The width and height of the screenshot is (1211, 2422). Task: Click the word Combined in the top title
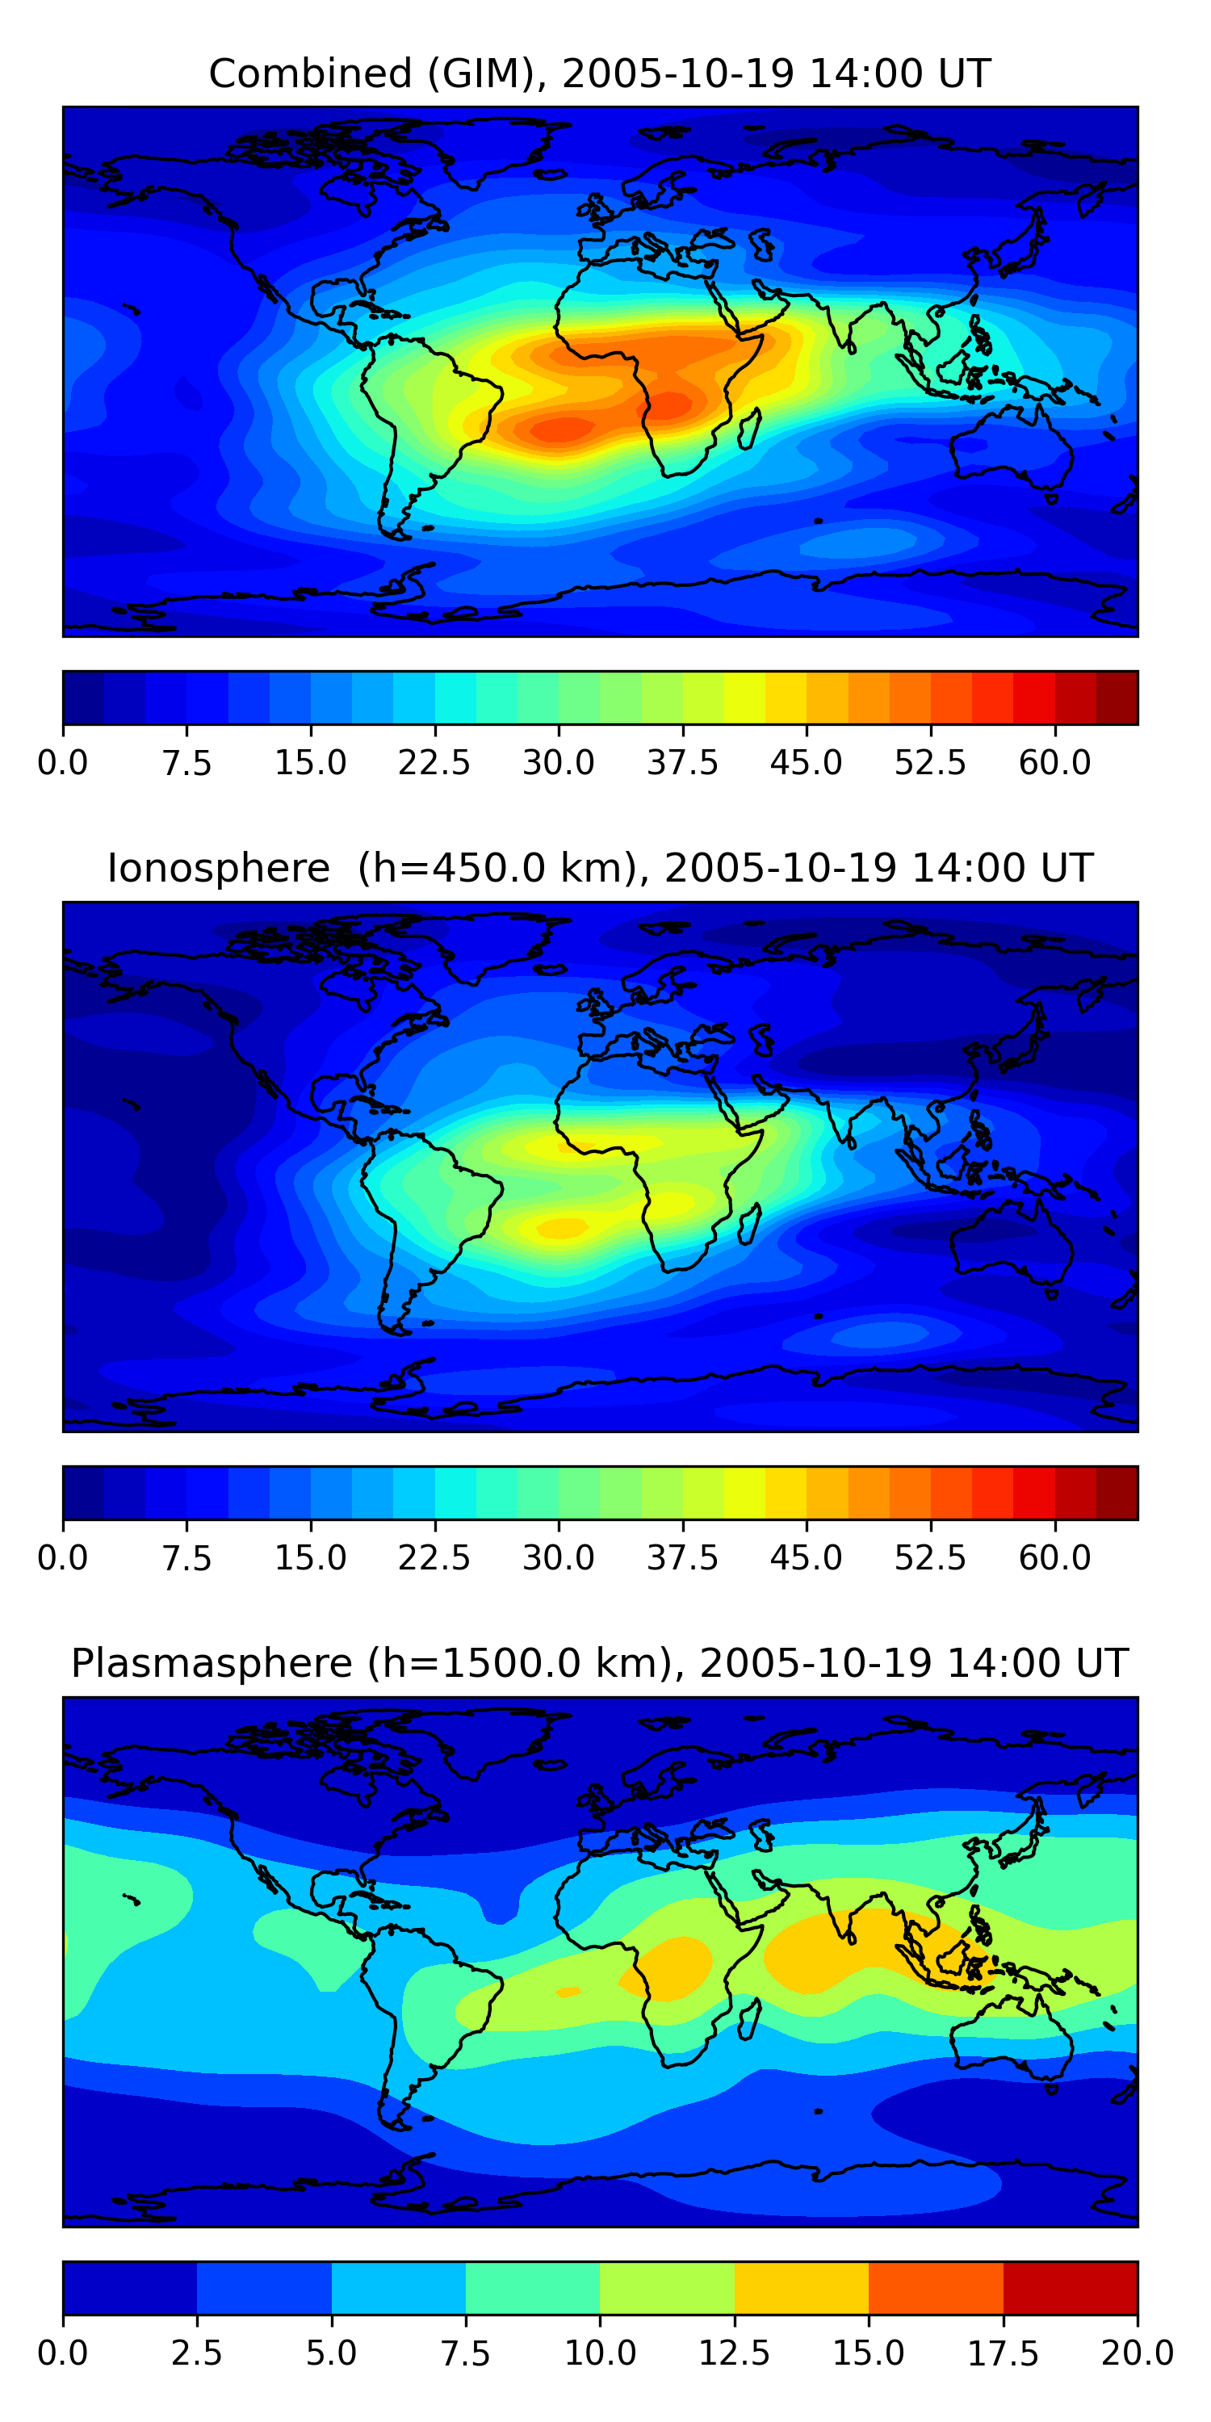[x=310, y=74]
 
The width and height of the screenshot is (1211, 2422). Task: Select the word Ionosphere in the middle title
[x=218, y=869]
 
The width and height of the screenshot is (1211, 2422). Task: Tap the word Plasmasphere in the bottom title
[x=212, y=1664]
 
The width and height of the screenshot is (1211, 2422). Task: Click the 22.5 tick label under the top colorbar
[x=434, y=762]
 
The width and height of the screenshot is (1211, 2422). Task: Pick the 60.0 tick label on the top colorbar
[x=1054, y=762]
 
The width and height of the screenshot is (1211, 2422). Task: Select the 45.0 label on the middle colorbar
[x=806, y=1558]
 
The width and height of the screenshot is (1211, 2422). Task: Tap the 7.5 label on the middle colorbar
[x=186, y=1558]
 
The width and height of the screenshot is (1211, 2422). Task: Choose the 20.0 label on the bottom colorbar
[x=1137, y=2353]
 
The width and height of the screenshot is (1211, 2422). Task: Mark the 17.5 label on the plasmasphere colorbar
[x=1004, y=2353]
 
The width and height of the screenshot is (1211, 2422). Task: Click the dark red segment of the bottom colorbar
[x=1070, y=2287]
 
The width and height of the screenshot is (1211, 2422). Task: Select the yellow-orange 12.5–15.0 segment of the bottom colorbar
[x=801, y=2287]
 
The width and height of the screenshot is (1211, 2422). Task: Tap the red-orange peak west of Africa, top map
[x=560, y=430]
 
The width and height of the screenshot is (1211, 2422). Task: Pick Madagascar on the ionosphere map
[x=749, y=1224]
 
